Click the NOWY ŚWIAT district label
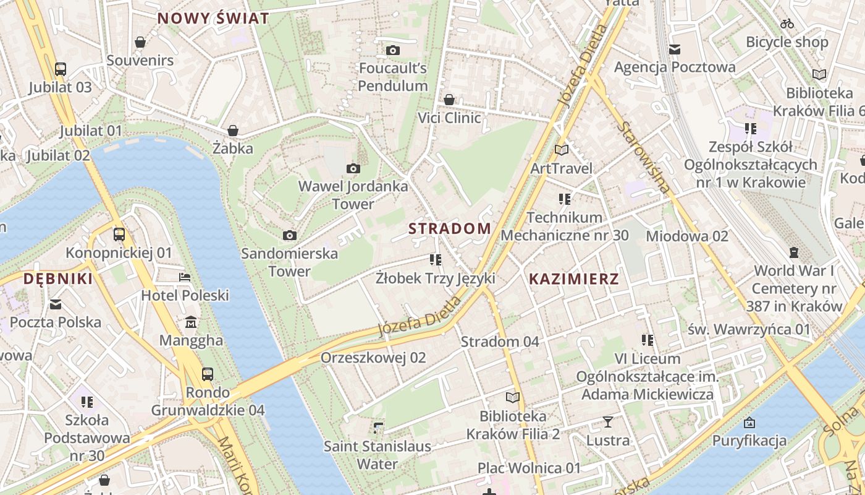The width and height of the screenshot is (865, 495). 213,18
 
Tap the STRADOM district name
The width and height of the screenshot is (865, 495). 450,228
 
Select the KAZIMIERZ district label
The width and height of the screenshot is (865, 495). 574,278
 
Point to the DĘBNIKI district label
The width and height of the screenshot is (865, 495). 58,278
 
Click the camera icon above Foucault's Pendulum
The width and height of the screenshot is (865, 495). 393,50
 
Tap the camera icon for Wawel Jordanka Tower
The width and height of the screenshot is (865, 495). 353,168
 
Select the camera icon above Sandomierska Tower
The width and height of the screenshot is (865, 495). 289,235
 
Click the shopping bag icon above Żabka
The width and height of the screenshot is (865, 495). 233,131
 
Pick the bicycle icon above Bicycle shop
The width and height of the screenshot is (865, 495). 787,24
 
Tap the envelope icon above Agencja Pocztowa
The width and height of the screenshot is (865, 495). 675,49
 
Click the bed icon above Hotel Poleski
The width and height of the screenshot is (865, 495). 185,277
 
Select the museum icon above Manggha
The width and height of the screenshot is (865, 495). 191,322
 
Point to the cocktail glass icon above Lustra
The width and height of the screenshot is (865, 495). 608,423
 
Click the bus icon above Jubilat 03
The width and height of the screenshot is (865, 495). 60,69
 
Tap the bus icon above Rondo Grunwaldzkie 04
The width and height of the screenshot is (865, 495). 208,374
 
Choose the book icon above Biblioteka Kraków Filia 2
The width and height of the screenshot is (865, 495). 513,397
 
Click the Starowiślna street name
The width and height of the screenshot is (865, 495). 643,157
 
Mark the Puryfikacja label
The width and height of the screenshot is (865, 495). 749,441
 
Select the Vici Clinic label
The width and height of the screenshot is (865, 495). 449,118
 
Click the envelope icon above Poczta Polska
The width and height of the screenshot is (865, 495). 56,304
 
